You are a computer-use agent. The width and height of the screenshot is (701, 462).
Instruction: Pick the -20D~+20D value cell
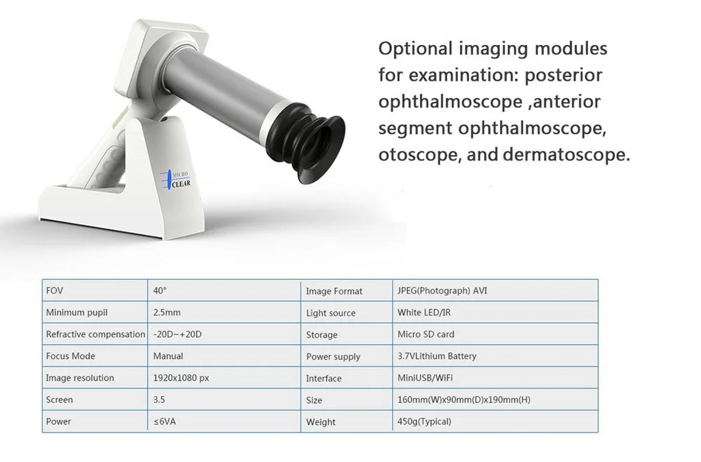coord(177,334)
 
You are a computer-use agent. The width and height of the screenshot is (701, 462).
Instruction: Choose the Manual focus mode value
coord(168,356)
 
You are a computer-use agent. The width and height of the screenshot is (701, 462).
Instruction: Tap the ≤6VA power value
coord(164,421)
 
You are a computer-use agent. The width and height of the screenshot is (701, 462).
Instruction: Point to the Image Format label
coord(334,291)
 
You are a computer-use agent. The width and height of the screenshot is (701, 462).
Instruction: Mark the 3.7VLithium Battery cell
coord(437,356)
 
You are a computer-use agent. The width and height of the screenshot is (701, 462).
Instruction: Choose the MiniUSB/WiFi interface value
coord(426,378)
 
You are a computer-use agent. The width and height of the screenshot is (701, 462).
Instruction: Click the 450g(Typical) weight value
coord(424,421)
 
